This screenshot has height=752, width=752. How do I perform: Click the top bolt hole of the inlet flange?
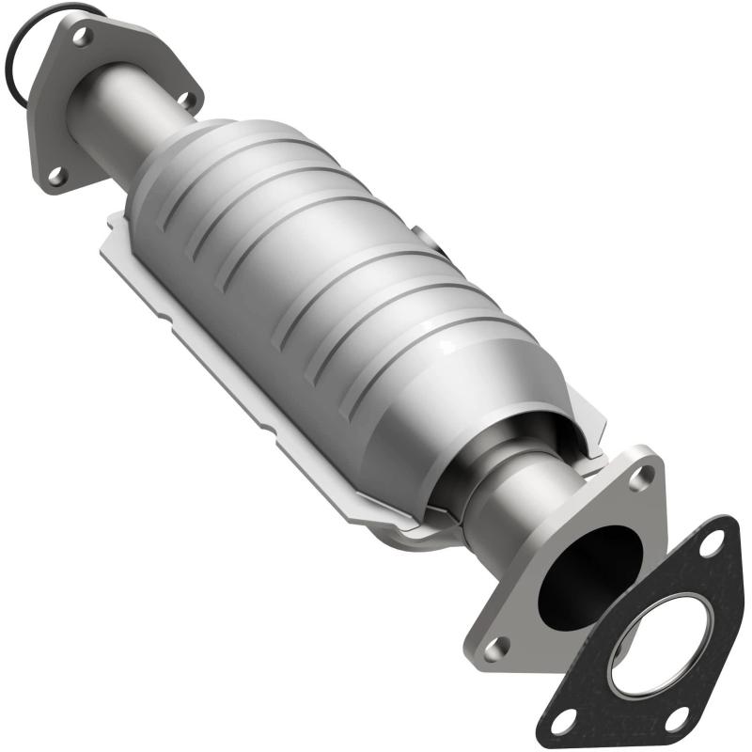coord(83,36)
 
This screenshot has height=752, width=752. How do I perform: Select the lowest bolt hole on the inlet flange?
coord(55,174)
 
